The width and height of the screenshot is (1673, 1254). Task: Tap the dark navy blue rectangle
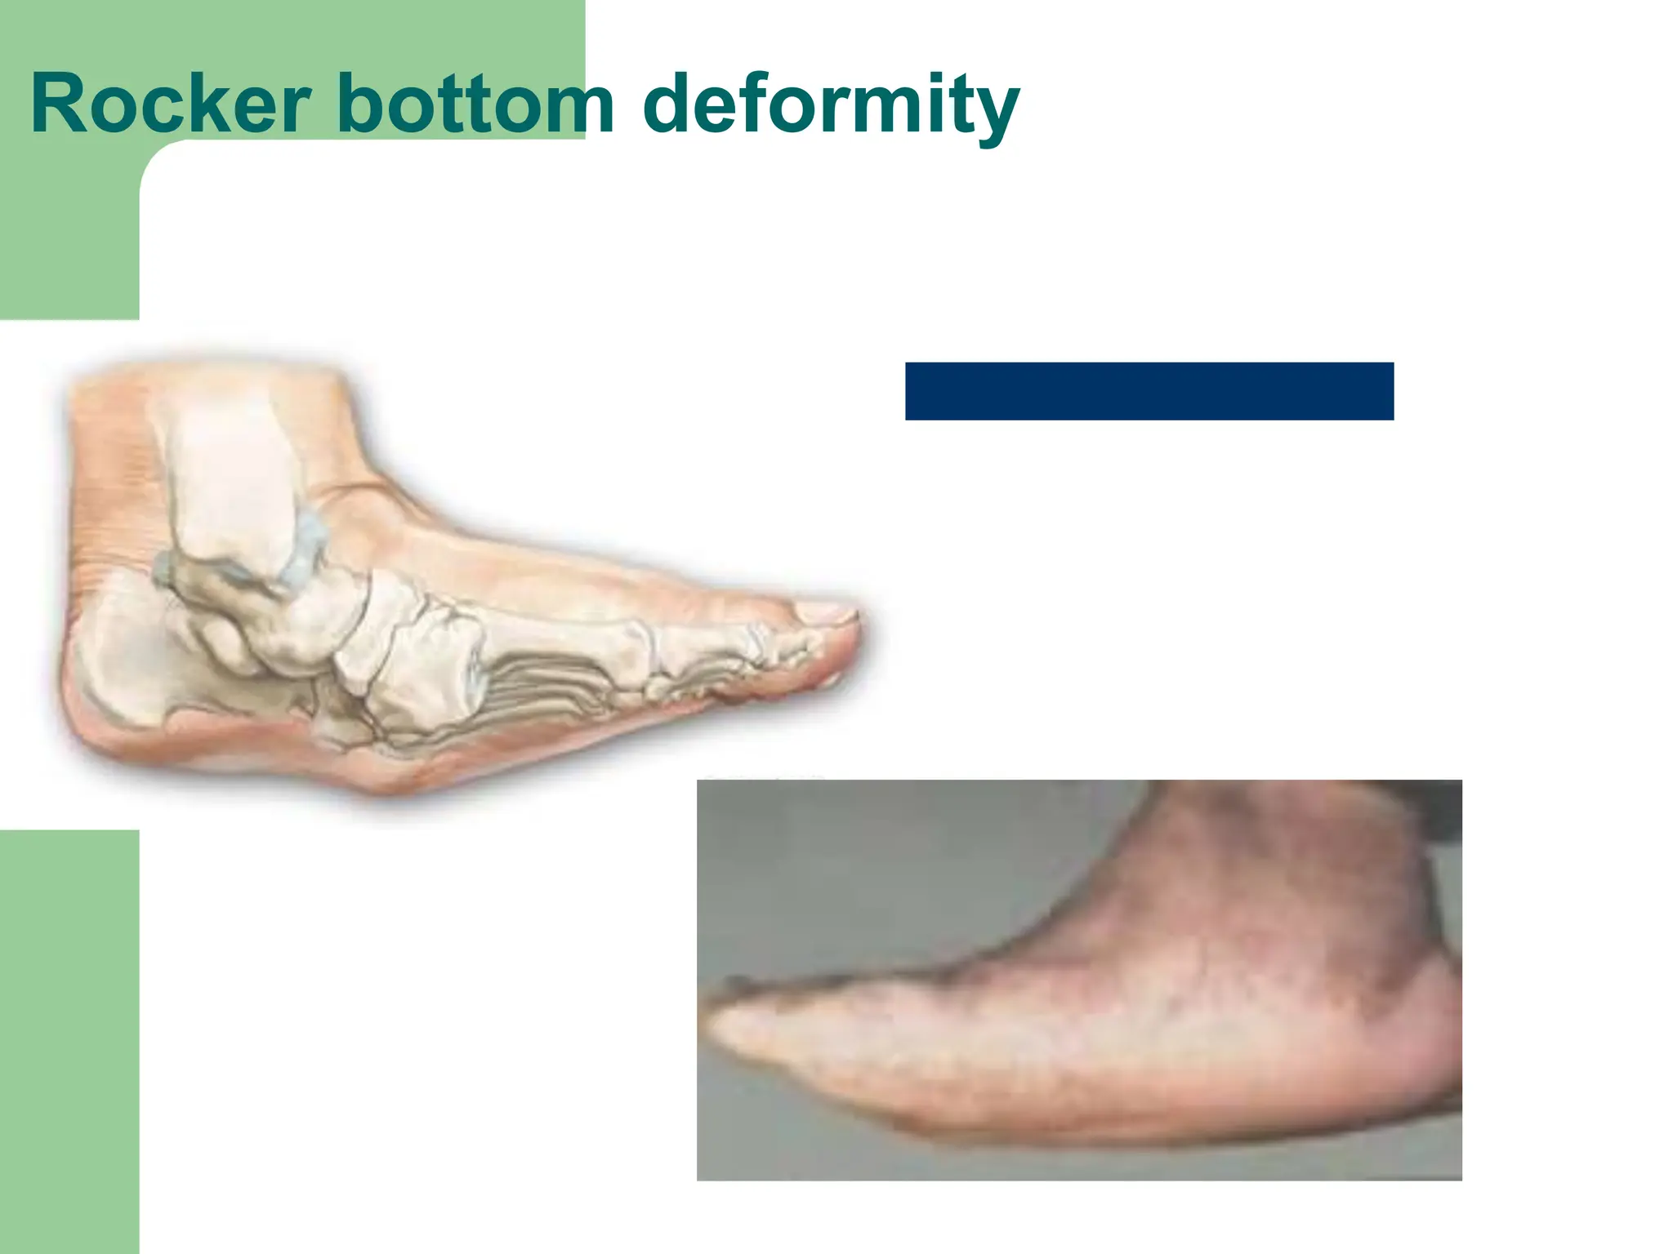(1149, 391)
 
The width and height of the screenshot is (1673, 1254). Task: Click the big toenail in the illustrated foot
(825, 611)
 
